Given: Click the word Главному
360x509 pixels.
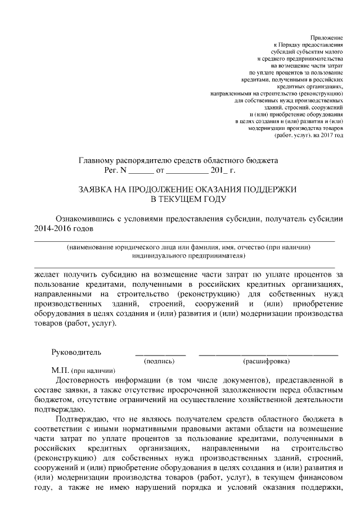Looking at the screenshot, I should [x=98, y=160].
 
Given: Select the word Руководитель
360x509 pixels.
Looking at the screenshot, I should [x=76, y=352].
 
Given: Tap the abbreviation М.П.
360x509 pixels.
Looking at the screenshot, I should [x=60, y=370].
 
